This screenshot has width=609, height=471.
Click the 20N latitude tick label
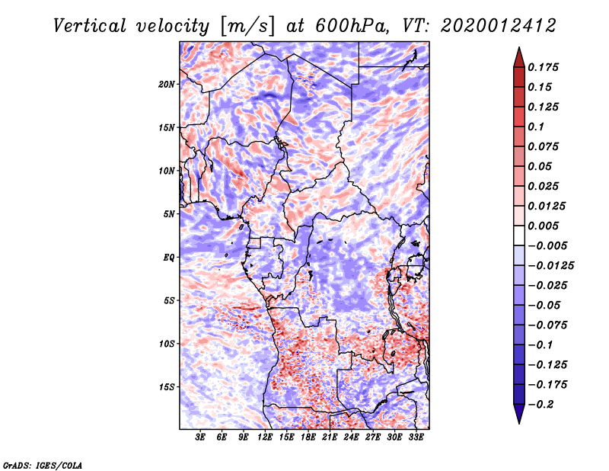click(166, 85)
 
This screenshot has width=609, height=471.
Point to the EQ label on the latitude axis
click(168, 258)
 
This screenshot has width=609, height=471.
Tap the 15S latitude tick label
click(166, 387)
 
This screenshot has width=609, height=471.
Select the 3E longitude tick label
click(200, 437)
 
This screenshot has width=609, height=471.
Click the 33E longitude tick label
click(416, 437)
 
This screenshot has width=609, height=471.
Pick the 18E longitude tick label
click(308, 437)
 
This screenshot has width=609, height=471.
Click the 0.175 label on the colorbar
click(543, 67)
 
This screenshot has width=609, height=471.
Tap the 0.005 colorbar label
click(543, 226)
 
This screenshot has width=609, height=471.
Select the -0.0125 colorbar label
click(550, 266)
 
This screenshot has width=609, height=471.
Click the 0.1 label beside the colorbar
click(536, 127)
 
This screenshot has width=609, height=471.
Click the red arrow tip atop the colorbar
click(519, 48)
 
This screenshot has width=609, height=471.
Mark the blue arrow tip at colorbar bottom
click(519, 423)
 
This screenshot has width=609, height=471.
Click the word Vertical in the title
click(90, 26)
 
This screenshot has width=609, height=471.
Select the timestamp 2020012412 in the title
click(499, 26)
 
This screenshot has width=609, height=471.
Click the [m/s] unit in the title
click(247, 27)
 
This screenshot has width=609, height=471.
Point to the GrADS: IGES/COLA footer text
click(43, 465)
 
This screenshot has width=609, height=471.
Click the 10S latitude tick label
click(166, 344)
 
